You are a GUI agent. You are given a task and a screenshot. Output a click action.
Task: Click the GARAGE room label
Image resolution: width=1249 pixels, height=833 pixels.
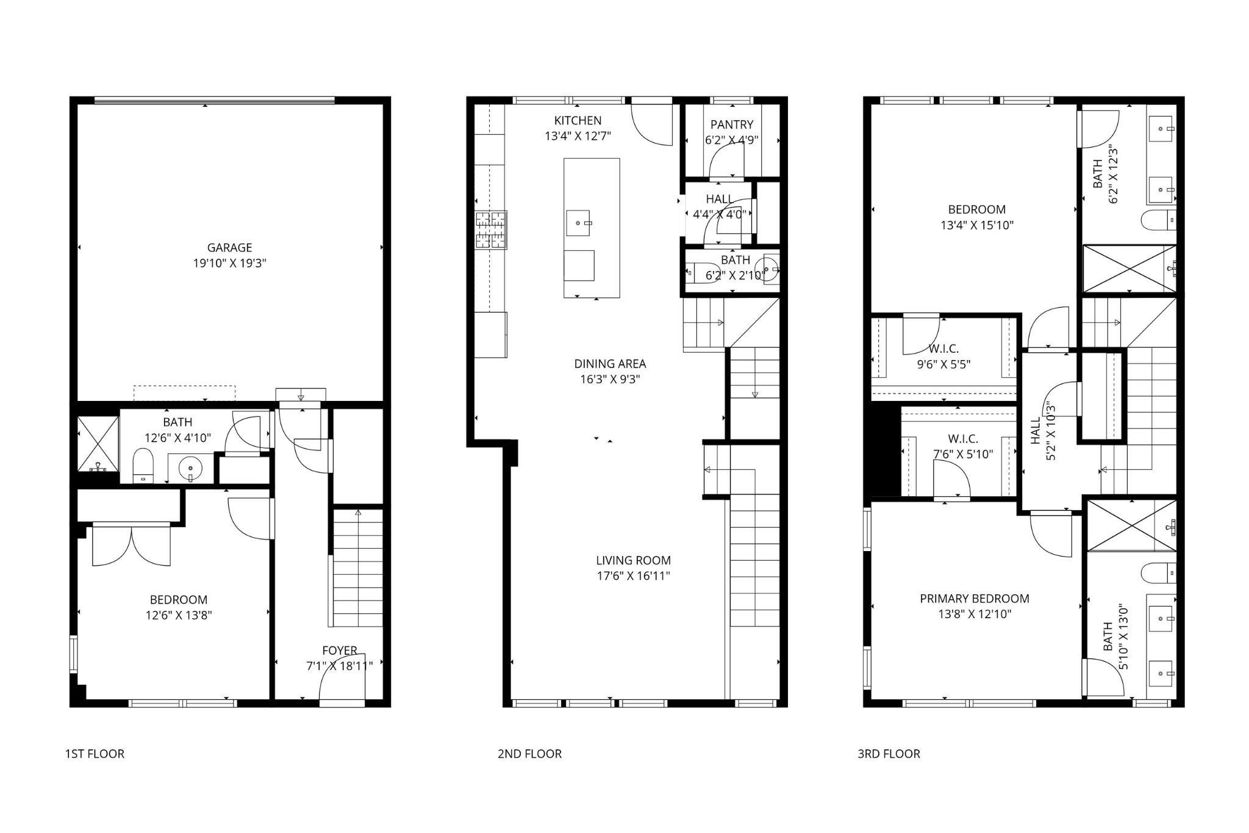tap(229, 248)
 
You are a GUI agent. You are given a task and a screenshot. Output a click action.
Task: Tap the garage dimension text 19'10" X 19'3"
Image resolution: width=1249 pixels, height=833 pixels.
tap(229, 264)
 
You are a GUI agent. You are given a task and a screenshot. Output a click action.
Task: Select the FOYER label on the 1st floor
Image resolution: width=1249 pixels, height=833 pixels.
tap(340, 651)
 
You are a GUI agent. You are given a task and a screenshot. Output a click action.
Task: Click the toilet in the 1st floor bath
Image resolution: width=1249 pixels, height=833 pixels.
tap(143, 466)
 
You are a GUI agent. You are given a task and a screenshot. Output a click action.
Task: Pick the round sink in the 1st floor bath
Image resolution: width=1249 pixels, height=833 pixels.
tap(190, 468)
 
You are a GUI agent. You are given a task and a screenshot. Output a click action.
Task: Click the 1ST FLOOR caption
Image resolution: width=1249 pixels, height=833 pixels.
tap(95, 754)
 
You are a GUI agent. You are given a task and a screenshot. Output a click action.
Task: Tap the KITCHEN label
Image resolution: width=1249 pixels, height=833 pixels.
tap(578, 121)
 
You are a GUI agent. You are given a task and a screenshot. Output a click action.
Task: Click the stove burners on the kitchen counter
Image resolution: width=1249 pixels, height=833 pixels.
tap(491, 230)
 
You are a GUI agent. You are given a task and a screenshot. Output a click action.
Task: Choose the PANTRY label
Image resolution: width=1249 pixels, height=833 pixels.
tap(732, 124)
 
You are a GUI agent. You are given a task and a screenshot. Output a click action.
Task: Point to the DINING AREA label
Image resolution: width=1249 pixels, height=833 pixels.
tap(610, 364)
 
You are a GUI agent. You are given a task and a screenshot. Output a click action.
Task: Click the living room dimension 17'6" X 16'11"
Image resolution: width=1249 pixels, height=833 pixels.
tap(633, 576)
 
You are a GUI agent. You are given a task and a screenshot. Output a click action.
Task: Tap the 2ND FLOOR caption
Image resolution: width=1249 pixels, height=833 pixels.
tap(529, 754)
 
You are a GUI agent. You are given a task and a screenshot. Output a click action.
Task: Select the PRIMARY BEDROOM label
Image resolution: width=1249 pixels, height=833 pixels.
tap(975, 599)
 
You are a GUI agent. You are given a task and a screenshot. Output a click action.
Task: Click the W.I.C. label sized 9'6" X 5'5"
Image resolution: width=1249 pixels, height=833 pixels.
tap(943, 349)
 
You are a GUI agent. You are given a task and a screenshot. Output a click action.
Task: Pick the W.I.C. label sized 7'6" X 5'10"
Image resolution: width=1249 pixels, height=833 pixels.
tap(963, 439)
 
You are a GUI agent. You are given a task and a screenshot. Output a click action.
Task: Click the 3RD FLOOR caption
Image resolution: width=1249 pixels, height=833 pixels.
tap(889, 754)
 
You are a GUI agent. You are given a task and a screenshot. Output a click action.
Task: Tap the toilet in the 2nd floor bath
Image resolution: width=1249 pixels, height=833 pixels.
tap(695, 271)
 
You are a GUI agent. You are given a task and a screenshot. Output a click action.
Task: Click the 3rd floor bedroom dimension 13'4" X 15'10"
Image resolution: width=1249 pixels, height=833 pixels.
tap(977, 225)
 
